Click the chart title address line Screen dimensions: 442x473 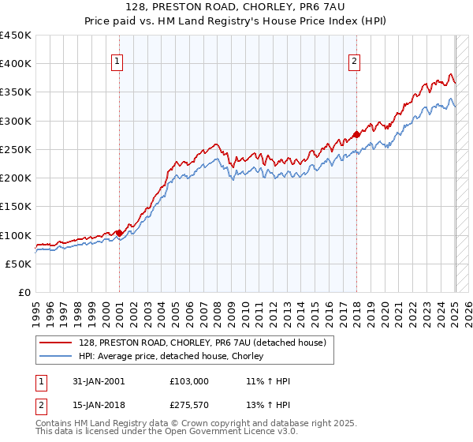(236, 6)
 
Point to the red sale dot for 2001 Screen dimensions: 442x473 (119, 233)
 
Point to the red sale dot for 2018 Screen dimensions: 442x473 (356, 134)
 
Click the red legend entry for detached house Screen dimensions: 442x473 (207, 342)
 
